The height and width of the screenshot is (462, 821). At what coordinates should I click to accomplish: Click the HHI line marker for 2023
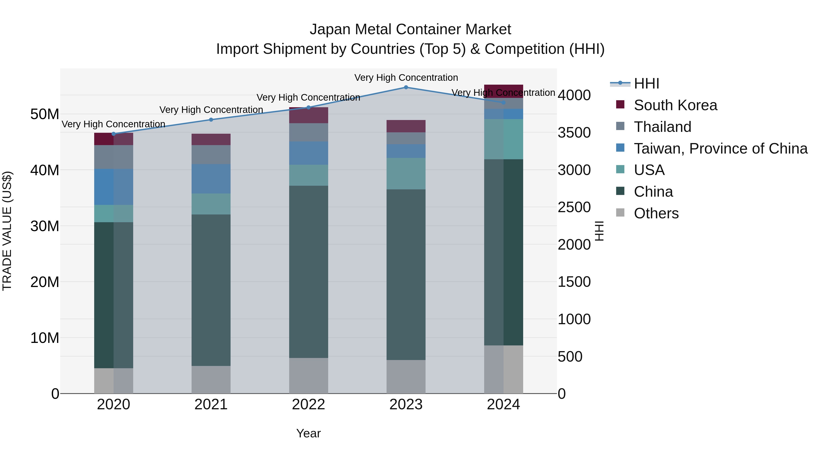406,87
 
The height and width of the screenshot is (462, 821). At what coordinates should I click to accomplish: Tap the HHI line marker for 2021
211,120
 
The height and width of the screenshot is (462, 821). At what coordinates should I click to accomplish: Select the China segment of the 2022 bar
309,272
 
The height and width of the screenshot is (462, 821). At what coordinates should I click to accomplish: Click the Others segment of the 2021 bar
211,379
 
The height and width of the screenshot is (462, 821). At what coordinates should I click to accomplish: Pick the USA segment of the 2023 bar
406,174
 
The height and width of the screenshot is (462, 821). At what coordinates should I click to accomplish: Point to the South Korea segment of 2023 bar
406,126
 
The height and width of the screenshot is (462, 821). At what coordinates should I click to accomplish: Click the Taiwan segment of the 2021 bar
211,179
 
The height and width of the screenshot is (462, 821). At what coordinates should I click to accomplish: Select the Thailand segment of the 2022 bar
309,132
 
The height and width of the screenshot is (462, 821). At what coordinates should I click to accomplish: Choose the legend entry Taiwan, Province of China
720,149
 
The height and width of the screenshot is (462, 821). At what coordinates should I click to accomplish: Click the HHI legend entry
646,84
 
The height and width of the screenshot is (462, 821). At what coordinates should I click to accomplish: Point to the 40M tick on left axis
45,170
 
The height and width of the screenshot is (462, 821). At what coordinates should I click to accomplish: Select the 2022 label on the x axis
309,405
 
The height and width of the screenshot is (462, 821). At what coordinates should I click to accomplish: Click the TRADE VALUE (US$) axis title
7,231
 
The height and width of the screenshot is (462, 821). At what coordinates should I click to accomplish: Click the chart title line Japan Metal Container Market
410,29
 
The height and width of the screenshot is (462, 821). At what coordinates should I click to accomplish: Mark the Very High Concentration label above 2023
406,78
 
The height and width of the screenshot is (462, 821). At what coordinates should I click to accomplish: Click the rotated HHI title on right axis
599,231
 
